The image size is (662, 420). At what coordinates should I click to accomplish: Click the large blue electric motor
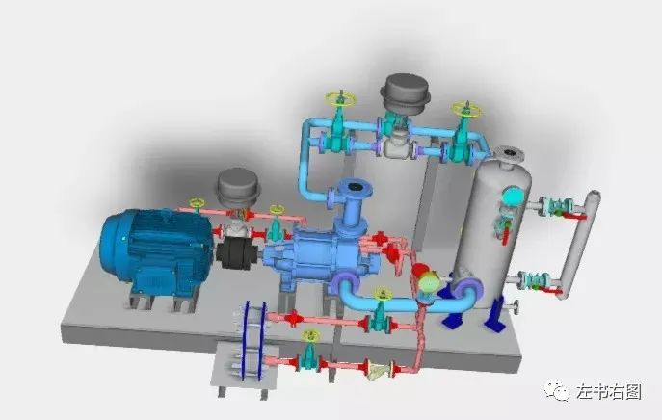point(156,251)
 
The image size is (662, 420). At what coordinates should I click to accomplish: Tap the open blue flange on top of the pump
point(355,188)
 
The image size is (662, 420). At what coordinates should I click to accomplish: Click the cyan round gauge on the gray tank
point(512,196)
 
